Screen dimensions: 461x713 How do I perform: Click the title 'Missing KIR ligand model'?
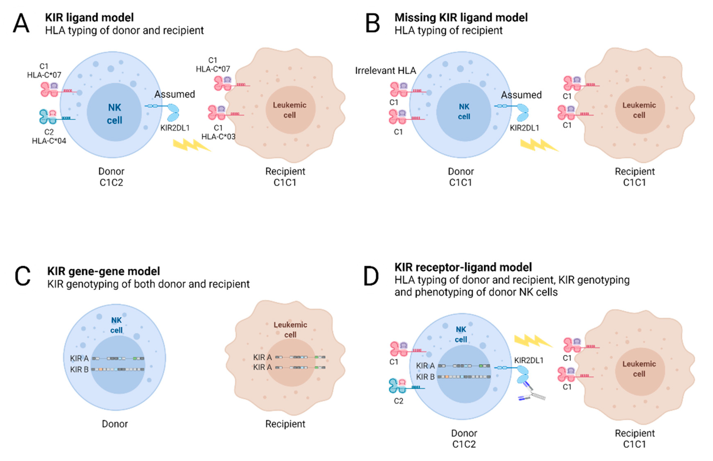[x=461, y=18]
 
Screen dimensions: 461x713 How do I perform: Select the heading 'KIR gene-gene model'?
[x=103, y=271]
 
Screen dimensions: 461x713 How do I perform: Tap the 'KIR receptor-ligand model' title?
[x=463, y=267]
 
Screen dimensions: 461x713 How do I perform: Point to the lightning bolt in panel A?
[x=192, y=145]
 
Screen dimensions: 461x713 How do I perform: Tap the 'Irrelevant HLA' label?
[x=385, y=71]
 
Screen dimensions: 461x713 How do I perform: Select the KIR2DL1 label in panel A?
[x=175, y=128]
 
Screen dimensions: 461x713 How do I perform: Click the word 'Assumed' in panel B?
[x=521, y=95]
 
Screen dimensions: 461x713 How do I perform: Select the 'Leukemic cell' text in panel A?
[x=289, y=110]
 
